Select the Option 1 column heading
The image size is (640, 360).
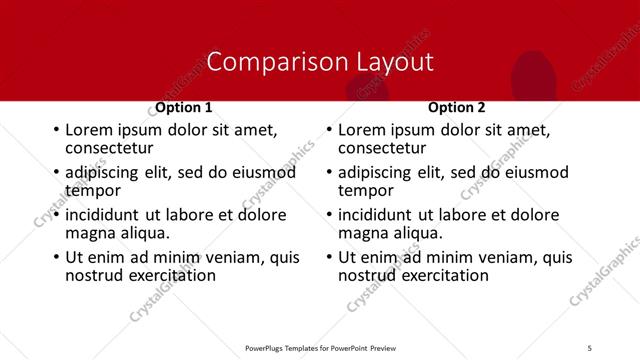point(184,107)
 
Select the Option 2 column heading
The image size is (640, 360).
point(457,107)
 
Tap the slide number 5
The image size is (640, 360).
point(590,347)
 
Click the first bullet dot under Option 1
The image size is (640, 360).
point(56,130)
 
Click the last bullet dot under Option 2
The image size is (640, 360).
point(329,257)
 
